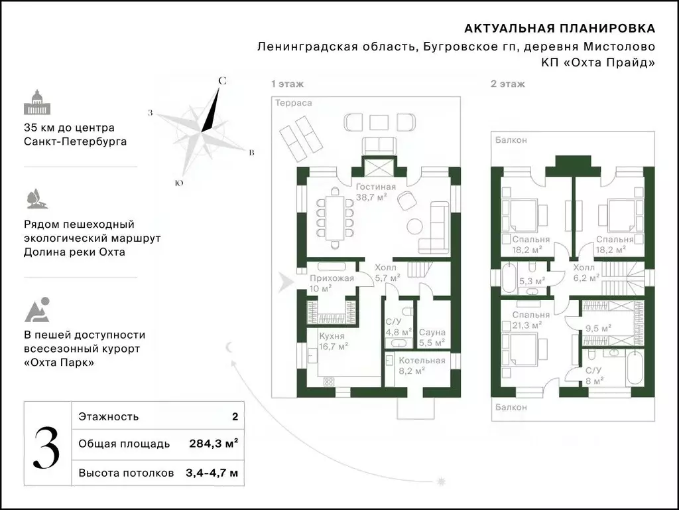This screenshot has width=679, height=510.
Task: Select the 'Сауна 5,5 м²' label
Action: coord(432,337)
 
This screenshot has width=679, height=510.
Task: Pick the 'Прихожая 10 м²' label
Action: coord(331,283)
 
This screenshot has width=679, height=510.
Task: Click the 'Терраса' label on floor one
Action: coord(294,103)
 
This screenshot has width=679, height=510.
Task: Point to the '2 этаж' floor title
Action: coord(507,84)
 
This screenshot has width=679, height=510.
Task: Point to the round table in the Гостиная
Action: coord(416,225)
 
